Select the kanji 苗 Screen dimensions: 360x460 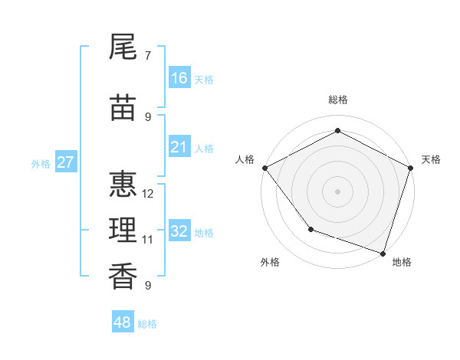coord(123,109)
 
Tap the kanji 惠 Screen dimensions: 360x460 coord(123,185)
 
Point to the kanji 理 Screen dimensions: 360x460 coord(123,231)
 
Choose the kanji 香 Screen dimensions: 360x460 coord(123,277)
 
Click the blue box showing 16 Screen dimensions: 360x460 coord(179,78)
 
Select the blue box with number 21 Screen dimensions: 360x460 coord(179,147)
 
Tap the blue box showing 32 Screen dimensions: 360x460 coord(179,231)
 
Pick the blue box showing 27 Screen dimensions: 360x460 coord(66,162)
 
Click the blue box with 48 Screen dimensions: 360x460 coord(123,322)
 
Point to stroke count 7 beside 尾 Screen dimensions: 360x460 coord(148,56)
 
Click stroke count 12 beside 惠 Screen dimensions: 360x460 coord(148,194)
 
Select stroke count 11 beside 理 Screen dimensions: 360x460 coord(148,240)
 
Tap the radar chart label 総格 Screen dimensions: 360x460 coord(337,100)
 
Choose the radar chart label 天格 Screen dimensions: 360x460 coord(431,159)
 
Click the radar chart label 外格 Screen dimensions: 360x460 coord(270,262)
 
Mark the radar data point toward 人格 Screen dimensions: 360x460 coord(264,168)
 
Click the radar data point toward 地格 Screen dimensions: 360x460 coord(383,252)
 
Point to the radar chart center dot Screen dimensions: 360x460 coord(337,191)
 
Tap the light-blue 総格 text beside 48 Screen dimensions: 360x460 coord(147,324)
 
